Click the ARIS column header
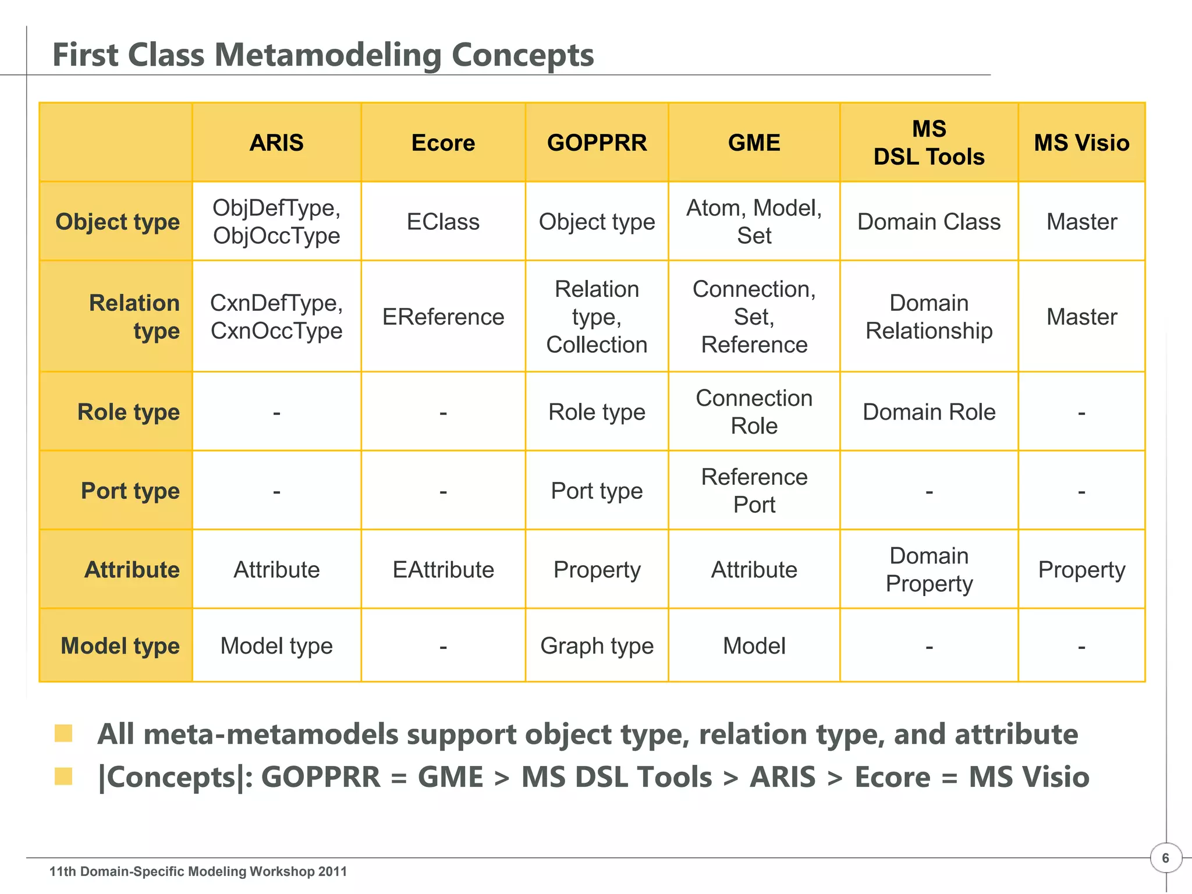pos(276,143)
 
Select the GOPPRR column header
pos(597,143)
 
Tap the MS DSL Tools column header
pos(929,143)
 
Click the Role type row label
pos(129,412)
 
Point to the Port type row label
pos(130,491)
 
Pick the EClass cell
pos(443,222)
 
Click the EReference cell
pos(443,317)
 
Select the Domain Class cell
pos(929,222)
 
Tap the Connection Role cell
pos(754,412)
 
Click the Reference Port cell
pos(754,491)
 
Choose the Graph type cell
pos(597,646)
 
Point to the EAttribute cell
pos(443,570)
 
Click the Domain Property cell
pos(929,570)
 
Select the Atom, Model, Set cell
pos(754,222)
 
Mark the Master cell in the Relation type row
pos(1081,317)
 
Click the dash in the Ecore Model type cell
pos(443,647)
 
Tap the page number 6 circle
pos(1165,858)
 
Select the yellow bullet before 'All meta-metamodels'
pos(63,733)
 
